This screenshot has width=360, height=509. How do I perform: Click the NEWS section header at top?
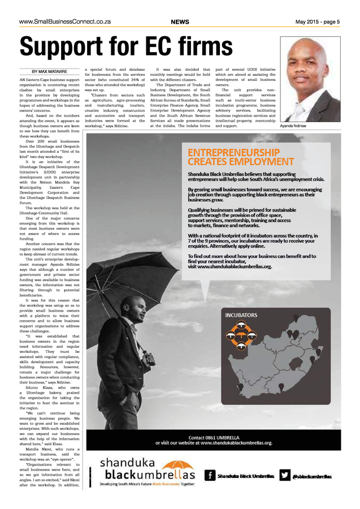180,22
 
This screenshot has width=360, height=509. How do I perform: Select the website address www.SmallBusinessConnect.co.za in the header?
64,22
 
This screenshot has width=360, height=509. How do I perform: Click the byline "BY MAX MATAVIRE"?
50,71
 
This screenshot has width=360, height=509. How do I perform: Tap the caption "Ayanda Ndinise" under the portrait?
293,126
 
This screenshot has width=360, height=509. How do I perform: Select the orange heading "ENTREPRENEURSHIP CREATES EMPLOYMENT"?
233,157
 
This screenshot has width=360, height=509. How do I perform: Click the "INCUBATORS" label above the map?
241,315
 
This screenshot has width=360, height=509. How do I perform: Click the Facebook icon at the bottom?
210,475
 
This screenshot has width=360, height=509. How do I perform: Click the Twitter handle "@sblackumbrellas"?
312,476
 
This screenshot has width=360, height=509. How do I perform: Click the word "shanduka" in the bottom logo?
124,462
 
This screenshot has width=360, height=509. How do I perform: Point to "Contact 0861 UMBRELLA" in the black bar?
214,437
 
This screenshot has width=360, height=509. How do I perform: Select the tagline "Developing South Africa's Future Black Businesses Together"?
147,485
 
